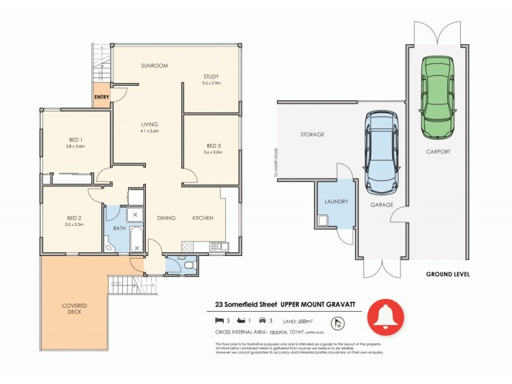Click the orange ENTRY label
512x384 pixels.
point(101,97)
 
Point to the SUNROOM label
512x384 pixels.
point(154,66)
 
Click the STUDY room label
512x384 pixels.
point(211,77)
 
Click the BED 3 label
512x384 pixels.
point(213,145)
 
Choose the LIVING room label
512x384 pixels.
point(150,124)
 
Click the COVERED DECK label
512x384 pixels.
point(74,309)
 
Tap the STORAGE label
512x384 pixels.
point(312,134)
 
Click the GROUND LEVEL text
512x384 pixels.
point(448,274)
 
